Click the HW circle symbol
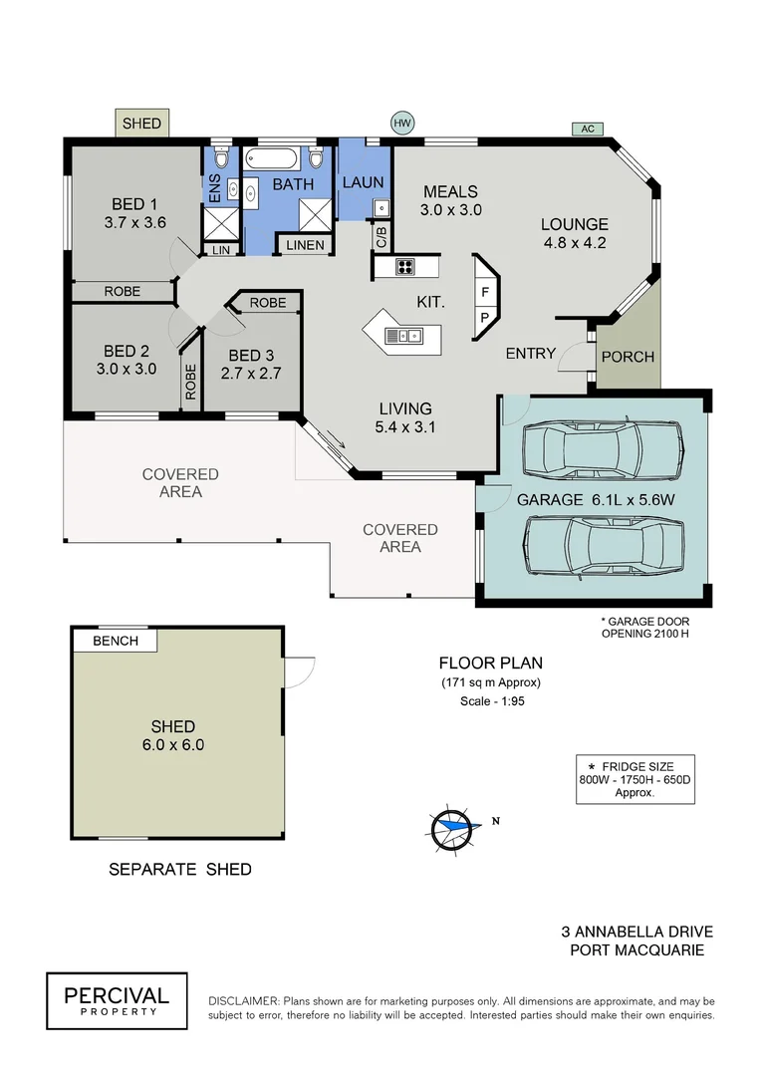click(402, 124)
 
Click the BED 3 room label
click(251, 355)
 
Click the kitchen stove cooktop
click(405, 266)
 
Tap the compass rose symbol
click(453, 825)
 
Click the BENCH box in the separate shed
click(116, 641)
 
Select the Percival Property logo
click(117, 1000)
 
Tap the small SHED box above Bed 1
click(141, 124)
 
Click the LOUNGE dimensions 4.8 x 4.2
click(574, 241)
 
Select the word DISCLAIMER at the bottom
click(243, 1000)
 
